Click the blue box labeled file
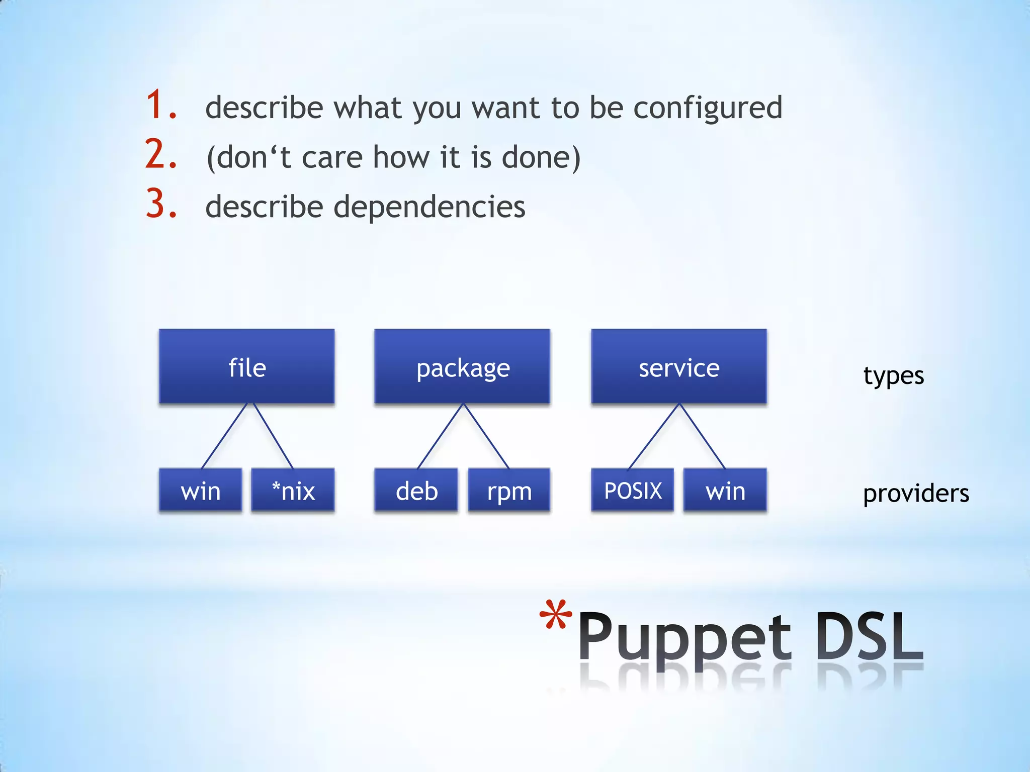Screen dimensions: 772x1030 246,366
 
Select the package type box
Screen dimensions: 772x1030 462,366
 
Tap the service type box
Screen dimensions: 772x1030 679,366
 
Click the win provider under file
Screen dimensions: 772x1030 200,490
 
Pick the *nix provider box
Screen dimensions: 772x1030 293,490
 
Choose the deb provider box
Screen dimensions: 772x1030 416,490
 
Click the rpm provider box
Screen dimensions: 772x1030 509,490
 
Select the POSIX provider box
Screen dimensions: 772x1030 632,490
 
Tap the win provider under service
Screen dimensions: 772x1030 725,490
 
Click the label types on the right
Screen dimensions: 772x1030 893,376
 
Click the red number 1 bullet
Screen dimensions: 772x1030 160,105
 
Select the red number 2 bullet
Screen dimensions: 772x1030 160,154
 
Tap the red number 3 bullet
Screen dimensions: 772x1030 160,204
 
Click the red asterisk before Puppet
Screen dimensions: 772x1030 555,615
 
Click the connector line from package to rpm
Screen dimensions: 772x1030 486,436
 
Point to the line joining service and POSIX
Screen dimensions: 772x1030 654,436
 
